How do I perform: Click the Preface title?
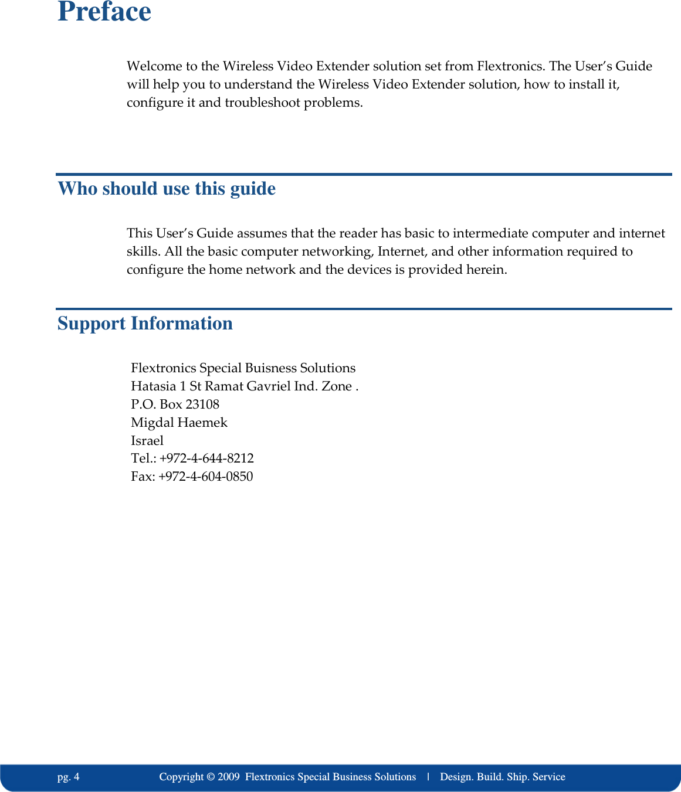pos(104,12)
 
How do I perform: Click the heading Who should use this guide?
pos(167,189)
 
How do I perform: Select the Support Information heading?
pos(145,324)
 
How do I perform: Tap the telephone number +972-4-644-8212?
pos(206,458)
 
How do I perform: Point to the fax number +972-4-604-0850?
pos(206,477)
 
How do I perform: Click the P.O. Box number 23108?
pos(202,405)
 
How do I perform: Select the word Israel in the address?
pos(147,441)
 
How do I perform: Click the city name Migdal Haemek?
pos(179,423)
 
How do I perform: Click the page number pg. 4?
pos(69,777)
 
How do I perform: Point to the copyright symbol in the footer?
pos(210,777)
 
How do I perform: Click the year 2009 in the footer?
pos(228,777)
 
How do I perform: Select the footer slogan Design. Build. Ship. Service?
pos(503,777)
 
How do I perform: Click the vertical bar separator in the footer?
pos(428,777)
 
